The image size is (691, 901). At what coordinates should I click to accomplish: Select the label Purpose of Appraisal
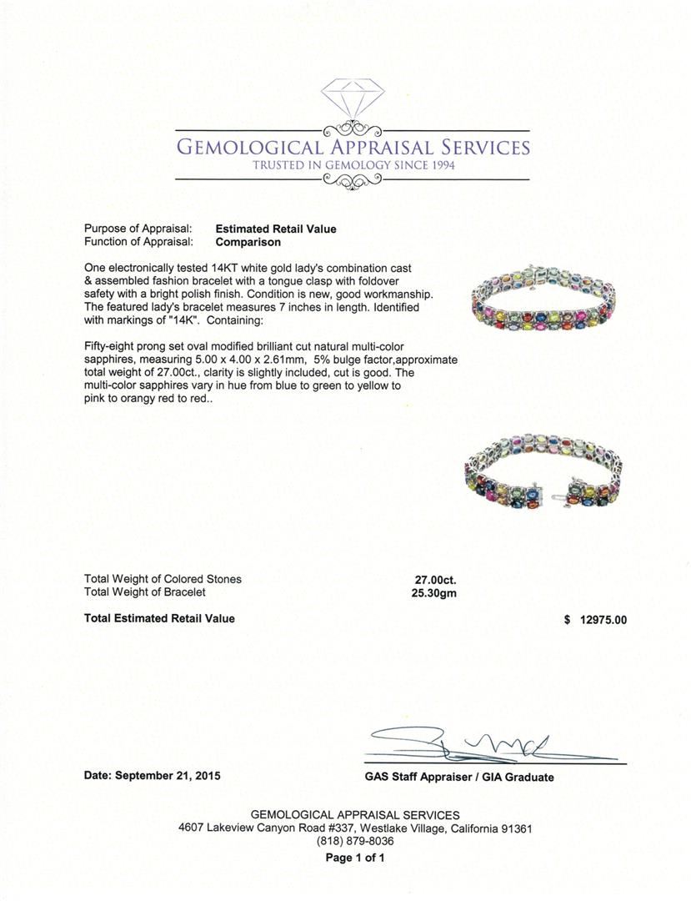point(138,229)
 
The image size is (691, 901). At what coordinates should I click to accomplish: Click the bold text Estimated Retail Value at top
point(276,229)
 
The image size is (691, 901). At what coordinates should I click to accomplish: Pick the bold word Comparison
point(248,242)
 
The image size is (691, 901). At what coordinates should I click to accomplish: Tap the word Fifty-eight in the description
point(112,345)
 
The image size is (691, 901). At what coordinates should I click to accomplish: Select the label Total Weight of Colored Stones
point(163,579)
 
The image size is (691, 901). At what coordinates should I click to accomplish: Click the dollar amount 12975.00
point(601,619)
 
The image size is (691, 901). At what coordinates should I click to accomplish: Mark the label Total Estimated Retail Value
point(159,618)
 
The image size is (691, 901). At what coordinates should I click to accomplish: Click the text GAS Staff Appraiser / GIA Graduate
point(459,777)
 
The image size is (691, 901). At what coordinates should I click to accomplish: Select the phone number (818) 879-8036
point(354,842)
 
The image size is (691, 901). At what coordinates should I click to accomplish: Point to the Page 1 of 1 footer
point(354,858)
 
